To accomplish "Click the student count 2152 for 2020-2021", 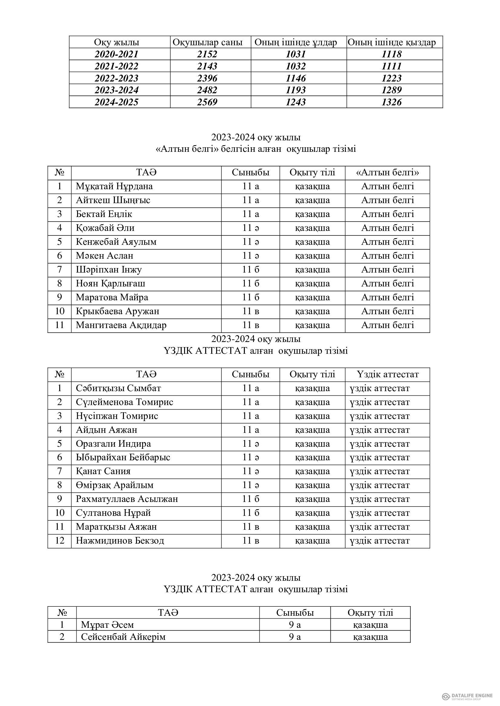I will pos(207,54).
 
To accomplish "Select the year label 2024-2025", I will pos(116,102).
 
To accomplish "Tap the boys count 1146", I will pos(296,78).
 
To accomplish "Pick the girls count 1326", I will pos(391,102).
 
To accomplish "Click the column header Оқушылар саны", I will pos(207,43).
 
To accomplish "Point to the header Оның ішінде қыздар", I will pos(391,43).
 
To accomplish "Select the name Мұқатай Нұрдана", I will pos(114,186).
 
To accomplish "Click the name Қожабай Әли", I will pos(105,228).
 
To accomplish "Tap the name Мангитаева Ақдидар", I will pos(121,325).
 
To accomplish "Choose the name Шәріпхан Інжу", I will pos(109,270).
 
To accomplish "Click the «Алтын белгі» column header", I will pos(387,173).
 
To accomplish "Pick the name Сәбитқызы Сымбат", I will pos(118,388).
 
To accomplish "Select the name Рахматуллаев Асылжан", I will pos(127,499).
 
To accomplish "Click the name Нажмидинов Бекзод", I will pos(120,541).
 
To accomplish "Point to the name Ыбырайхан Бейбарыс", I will pos(123,457).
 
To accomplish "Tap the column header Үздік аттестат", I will pos(388,374).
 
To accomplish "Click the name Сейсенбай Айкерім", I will pos(123,637).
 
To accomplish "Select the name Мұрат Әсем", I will pos(107,625).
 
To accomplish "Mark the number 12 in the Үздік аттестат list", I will pos(60,541).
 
